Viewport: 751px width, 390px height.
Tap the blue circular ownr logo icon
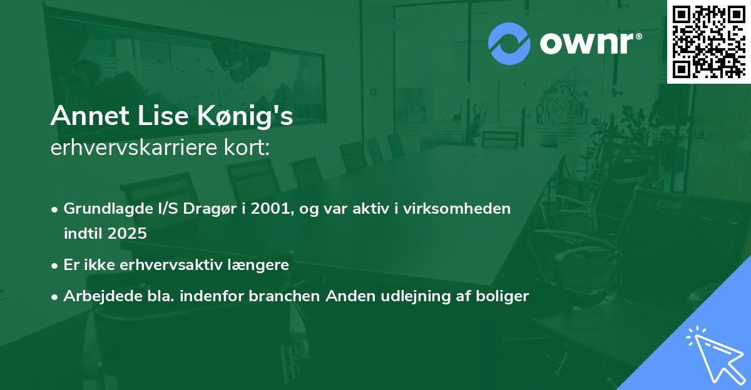click(x=509, y=44)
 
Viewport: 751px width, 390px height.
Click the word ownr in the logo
click(x=586, y=44)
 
